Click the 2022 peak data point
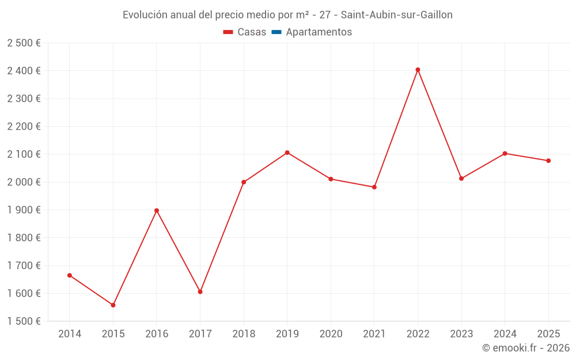pyautogui.click(x=418, y=70)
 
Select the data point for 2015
pyautogui.click(x=113, y=305)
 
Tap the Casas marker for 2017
pyautogui.click(x=200, y=291)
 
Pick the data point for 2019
pyautogui.click(x=287, y=153)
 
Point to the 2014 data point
pyautogui.click(x=70, y=275)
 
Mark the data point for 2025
pyautogui.click(x=548, y=161)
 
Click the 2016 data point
pyautogui.click(x=157, y=210)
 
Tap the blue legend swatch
pyautogui.click(x=276, y=32)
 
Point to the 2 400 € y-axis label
pyautogui.click(x=24, y=71)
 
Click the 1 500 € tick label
pyautogui.click(x=24, y=321)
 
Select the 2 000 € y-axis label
pyautogui.click(x=24, y=182)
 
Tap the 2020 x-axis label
pyautogui.click(x=331, y=334)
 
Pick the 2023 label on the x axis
pyautogui.click(x=461, y=334)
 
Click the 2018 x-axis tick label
pyautogui.click(x=244, y=334)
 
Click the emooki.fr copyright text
pyautogui.click(x=526, y=348)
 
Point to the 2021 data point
pyautogui.click(x=374, y=187)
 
